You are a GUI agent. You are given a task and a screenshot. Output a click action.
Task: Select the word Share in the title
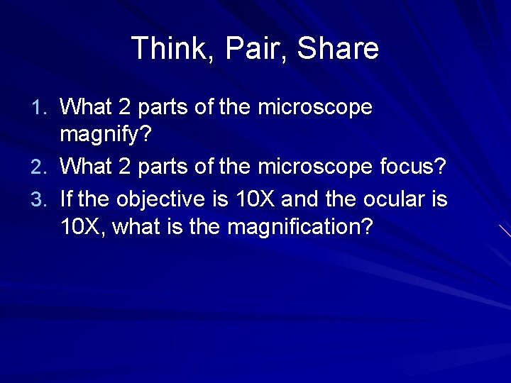click(338, 49)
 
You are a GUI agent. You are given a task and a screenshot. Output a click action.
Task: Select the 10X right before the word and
click(253, 199)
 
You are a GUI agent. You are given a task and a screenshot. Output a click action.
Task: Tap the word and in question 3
click(298, 199)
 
